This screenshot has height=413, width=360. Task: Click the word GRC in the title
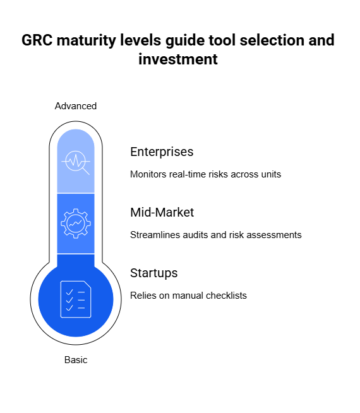pos(37,40)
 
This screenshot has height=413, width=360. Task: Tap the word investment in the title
pos(178,59)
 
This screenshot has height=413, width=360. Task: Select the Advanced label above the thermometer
pos(76,106)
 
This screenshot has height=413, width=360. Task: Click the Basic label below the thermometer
pos(76,360)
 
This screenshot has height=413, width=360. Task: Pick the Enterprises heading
pos(162,152)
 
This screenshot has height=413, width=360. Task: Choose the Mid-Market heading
pos(162,212)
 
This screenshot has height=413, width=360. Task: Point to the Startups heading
pos(154,273)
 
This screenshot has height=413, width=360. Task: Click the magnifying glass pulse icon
pos(76,162)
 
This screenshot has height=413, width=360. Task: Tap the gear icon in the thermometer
pos(76,224)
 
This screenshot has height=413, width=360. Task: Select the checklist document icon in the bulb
pos(76,299)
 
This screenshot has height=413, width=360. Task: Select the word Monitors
pos(148,174)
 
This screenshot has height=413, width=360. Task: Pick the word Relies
pos(143,296)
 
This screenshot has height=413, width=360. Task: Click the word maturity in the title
pos(87,41)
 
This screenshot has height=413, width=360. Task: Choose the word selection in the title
pos(272,40)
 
